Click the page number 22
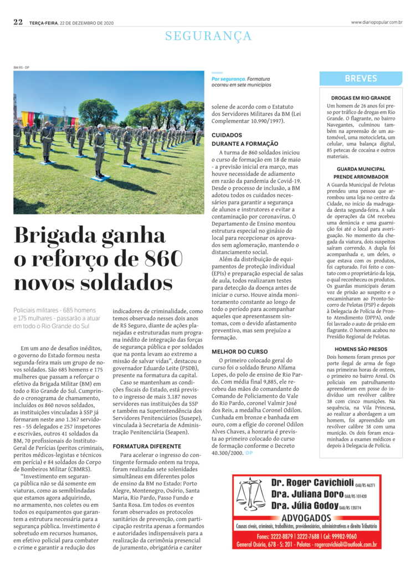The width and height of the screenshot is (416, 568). tap(18, 22)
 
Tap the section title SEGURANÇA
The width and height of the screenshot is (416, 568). tap(208, 37)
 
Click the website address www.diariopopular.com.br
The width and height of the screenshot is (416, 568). tap(376, 22)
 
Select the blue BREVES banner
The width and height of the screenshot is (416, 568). tap(361, 79)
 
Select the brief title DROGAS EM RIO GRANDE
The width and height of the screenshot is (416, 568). tap(361, 98)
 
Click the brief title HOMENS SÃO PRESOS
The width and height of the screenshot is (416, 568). tap(361, 349)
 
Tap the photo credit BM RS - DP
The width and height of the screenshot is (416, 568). tap(22, 68)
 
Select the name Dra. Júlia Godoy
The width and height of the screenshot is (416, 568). tap(304, 505)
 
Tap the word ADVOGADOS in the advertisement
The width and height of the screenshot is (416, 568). tap(306, 518)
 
